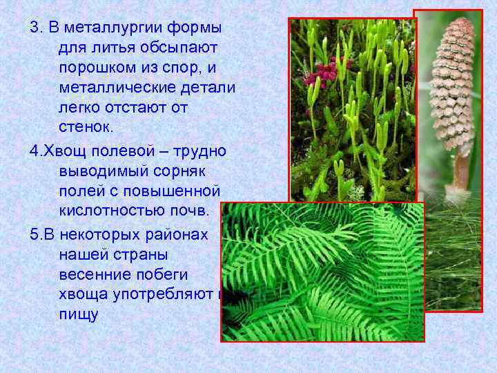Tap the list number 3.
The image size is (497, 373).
click(34, 30)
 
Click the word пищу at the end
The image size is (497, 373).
click(79, 314)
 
